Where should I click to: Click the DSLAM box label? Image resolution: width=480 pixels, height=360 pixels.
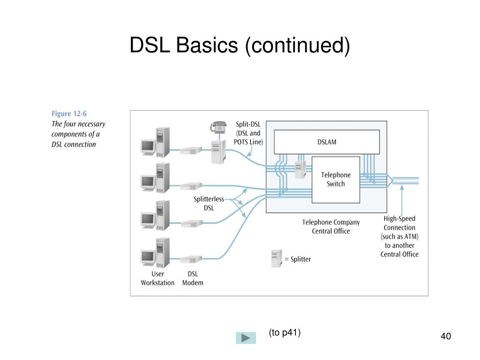tap(327, 142)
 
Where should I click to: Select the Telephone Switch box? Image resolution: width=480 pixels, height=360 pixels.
tap(336, 180)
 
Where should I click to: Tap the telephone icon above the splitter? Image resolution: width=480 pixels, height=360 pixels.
tap(218, 127)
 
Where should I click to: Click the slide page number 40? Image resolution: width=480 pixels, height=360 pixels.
tap(446, 336)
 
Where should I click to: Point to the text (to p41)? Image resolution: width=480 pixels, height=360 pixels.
tap(285, 332)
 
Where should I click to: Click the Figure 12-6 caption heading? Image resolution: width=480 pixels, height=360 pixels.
tap(69, 113)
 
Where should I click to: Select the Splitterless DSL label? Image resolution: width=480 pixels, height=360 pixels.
tap(209, 203)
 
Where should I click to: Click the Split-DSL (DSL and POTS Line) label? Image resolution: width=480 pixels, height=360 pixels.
tap(248, 133)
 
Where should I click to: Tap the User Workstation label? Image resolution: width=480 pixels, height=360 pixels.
tap(157, 278)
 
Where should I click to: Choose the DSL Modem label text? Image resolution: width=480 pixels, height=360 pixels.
tap(193, 278)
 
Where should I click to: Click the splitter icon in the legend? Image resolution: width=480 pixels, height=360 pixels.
tap(277, 259)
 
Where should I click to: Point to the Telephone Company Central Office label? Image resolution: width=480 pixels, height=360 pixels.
tap(331, 226)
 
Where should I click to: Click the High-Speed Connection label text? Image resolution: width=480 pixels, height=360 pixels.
tap(399, 236)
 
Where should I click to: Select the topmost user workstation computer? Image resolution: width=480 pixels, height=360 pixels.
tap(155, 142)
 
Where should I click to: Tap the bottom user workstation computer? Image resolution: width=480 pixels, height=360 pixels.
tap(155, 253)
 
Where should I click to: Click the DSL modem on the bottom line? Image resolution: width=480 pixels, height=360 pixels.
tap(191, 259)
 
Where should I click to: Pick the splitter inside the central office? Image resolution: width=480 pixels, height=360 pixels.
tap(300, 170)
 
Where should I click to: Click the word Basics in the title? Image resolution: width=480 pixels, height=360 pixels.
tap(207, 45)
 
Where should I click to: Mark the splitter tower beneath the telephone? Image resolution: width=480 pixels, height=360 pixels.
tap(218, 152)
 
